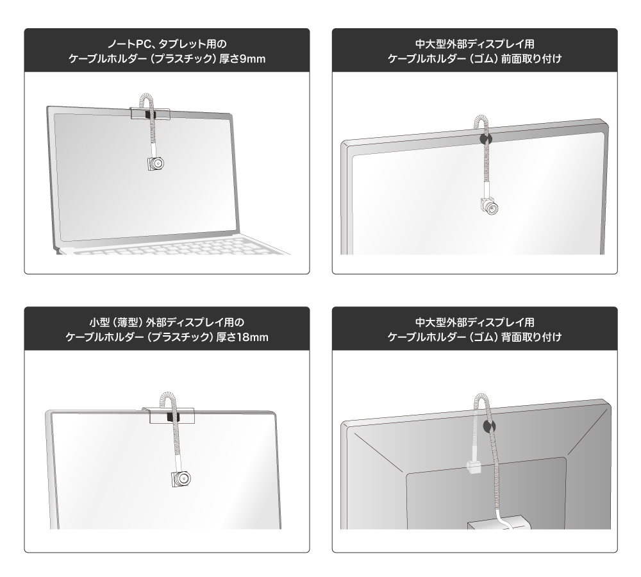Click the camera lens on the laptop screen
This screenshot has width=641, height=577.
point(158,164)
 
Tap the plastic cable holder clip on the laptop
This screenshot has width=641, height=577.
point(150,113)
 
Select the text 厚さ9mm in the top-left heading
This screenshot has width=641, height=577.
point(242,59)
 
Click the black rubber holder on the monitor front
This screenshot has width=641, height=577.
point(485,139)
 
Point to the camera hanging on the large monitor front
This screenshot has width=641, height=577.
point(490,206)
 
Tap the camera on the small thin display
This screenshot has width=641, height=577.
point(181,478)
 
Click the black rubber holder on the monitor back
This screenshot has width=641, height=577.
point(488,426)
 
